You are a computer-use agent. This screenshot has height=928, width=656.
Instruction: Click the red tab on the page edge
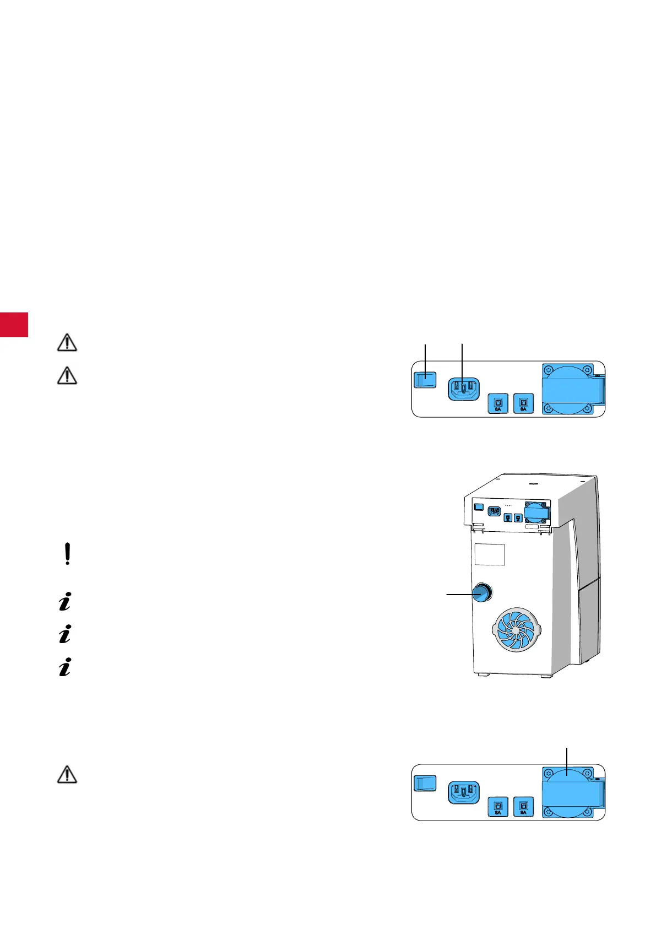coord(14,324)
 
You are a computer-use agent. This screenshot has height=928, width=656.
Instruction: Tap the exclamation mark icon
coord(67,554)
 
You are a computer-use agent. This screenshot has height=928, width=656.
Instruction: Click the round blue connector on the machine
coord(482,593)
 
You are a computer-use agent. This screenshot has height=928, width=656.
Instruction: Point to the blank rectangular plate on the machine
coord(490,554)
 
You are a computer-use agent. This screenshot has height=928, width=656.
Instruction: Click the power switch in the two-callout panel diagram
coord(425,380)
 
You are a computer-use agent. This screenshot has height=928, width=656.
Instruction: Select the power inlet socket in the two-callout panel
coord(463,389)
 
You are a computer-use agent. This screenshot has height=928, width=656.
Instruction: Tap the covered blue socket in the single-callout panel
coord(568,792)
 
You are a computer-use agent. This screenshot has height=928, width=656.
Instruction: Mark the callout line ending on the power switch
coord(426,358)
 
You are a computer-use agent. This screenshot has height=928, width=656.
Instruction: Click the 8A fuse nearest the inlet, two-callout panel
coord(498,403)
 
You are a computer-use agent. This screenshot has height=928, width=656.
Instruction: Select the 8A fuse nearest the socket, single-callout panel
coord(523,807)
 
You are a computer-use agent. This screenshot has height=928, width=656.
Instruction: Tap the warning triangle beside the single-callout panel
coord(67,775)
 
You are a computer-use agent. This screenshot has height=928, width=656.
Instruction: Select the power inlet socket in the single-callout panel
coord(463,792)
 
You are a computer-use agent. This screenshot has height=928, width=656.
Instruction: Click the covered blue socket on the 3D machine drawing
coord(535,513)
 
